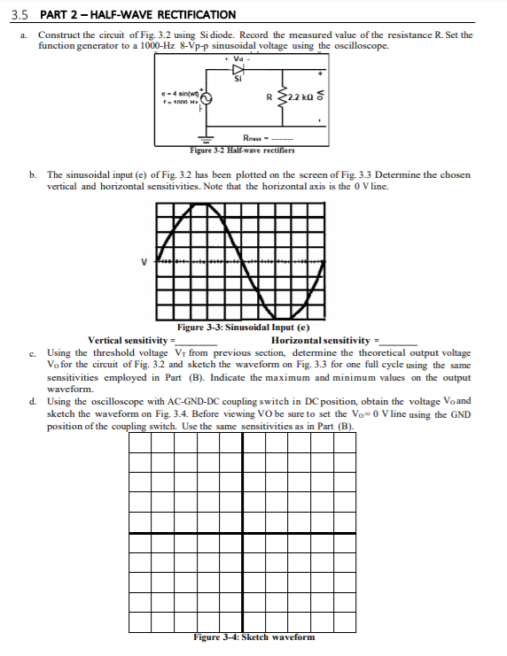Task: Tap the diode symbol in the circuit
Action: tap(237, 69)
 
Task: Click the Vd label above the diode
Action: tap(236, 58)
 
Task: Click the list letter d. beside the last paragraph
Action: tap(33, 401)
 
